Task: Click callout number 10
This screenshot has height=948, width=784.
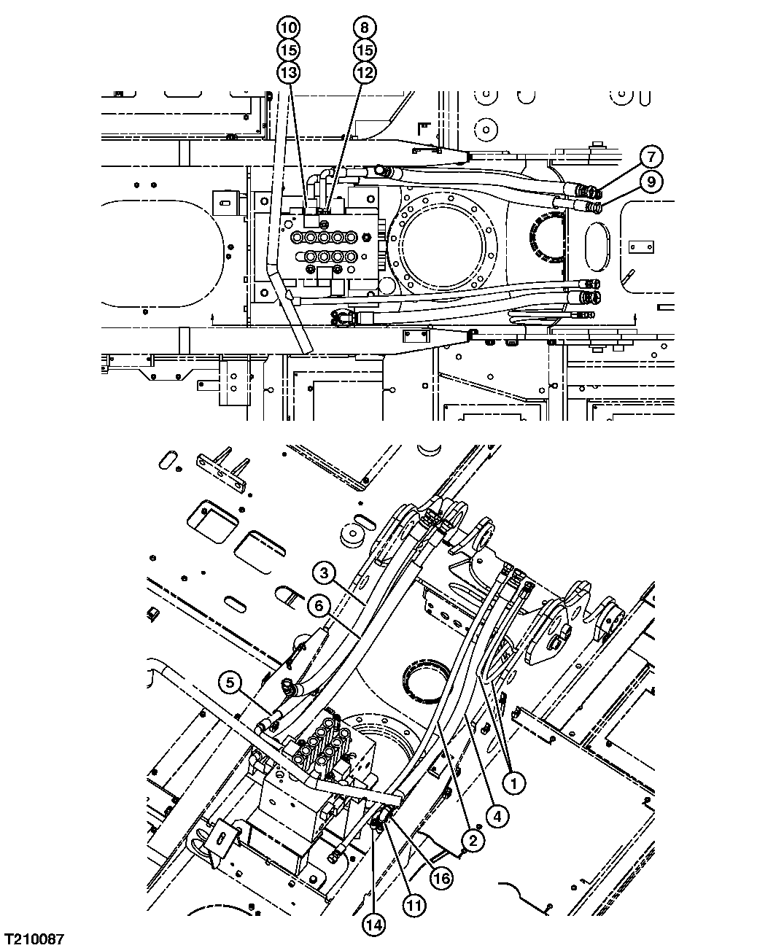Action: tap(288, 28)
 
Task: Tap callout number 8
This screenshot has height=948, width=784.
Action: tap(365, 28)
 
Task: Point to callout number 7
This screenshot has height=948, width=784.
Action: tap(651, 156)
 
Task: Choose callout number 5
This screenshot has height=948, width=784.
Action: tap(230, 683)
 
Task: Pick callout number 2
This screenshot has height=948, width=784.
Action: tap(473, 841)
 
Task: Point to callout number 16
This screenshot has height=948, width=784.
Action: tap(440, 879)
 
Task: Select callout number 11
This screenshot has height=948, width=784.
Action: tap(413, 905)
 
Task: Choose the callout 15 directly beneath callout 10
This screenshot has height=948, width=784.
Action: tap(288, 50)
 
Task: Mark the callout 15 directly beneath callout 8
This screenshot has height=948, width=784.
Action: tap(365, 50)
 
